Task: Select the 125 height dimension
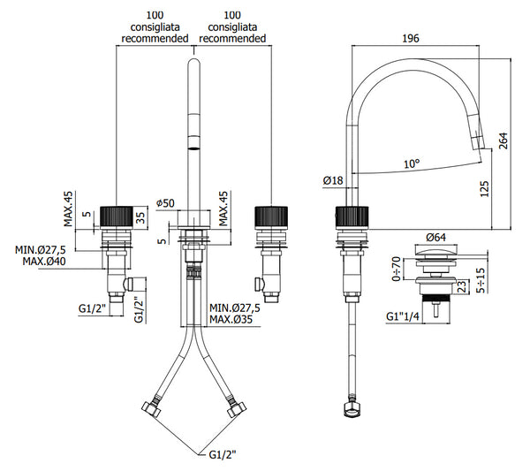click(x=483, y=188)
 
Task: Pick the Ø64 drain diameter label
click(x=435, y=238)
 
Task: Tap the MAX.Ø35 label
click(x=234, y=321)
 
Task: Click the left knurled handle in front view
click(x=117, y=217)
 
